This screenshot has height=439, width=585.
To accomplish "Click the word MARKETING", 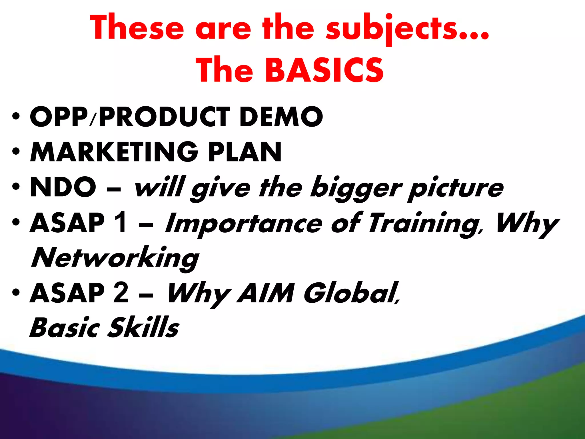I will point(114,152).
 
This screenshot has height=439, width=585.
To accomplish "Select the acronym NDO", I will point(63,187).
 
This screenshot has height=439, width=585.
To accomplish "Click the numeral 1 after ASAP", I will point(120,223).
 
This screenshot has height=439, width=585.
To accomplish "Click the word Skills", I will point(143,328).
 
